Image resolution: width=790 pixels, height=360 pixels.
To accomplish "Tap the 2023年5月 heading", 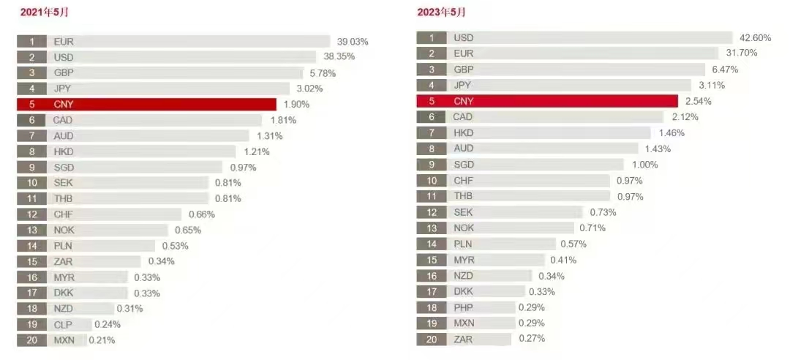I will point(441,12).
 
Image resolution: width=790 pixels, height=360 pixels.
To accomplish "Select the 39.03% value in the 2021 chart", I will point(353,42).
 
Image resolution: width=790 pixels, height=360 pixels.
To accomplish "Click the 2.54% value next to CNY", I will point(696,101).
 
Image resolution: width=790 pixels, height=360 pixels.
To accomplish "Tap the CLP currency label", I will point(63,324).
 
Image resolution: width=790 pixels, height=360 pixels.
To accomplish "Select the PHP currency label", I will point(463,307).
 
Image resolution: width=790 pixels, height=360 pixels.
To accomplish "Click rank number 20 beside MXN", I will point(32,340).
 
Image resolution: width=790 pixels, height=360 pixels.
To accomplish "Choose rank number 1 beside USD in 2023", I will point(432,38).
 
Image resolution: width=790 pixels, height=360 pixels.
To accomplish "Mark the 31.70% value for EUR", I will point(740,53).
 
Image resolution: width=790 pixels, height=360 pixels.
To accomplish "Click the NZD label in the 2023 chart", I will point(464,276).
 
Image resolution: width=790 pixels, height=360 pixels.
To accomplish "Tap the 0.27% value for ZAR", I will point(532,339).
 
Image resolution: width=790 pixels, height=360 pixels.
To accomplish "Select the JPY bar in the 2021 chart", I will point(168,89).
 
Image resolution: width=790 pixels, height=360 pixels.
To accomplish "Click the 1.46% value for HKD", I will point(671,133).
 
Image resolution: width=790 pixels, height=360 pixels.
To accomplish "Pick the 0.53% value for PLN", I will point(175,246).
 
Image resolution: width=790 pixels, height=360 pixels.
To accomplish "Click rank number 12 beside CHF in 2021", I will point(32,214).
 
